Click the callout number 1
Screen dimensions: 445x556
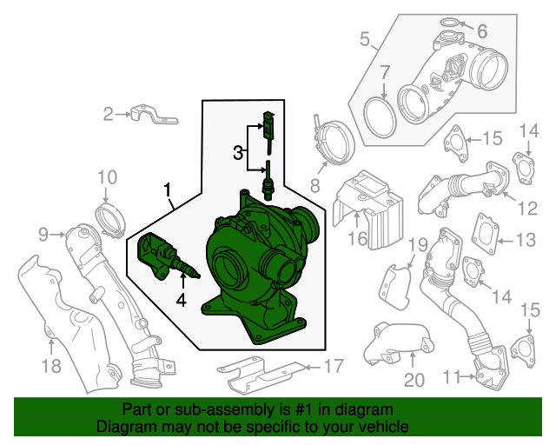(x=167, y=189)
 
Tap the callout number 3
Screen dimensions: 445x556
(x=237, y=154)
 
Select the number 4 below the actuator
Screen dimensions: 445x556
(x=181, y=301)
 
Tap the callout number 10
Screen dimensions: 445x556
(x=106, y=178)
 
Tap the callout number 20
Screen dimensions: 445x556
(x=413, y=379)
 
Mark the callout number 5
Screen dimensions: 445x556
(x=365, y=38)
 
